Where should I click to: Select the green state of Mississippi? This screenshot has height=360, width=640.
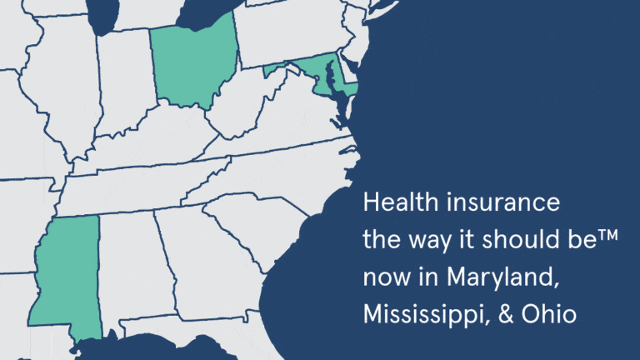click(68, 275)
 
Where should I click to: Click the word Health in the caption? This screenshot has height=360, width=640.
click(393, 202)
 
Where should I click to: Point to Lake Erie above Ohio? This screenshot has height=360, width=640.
click(208, 10)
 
